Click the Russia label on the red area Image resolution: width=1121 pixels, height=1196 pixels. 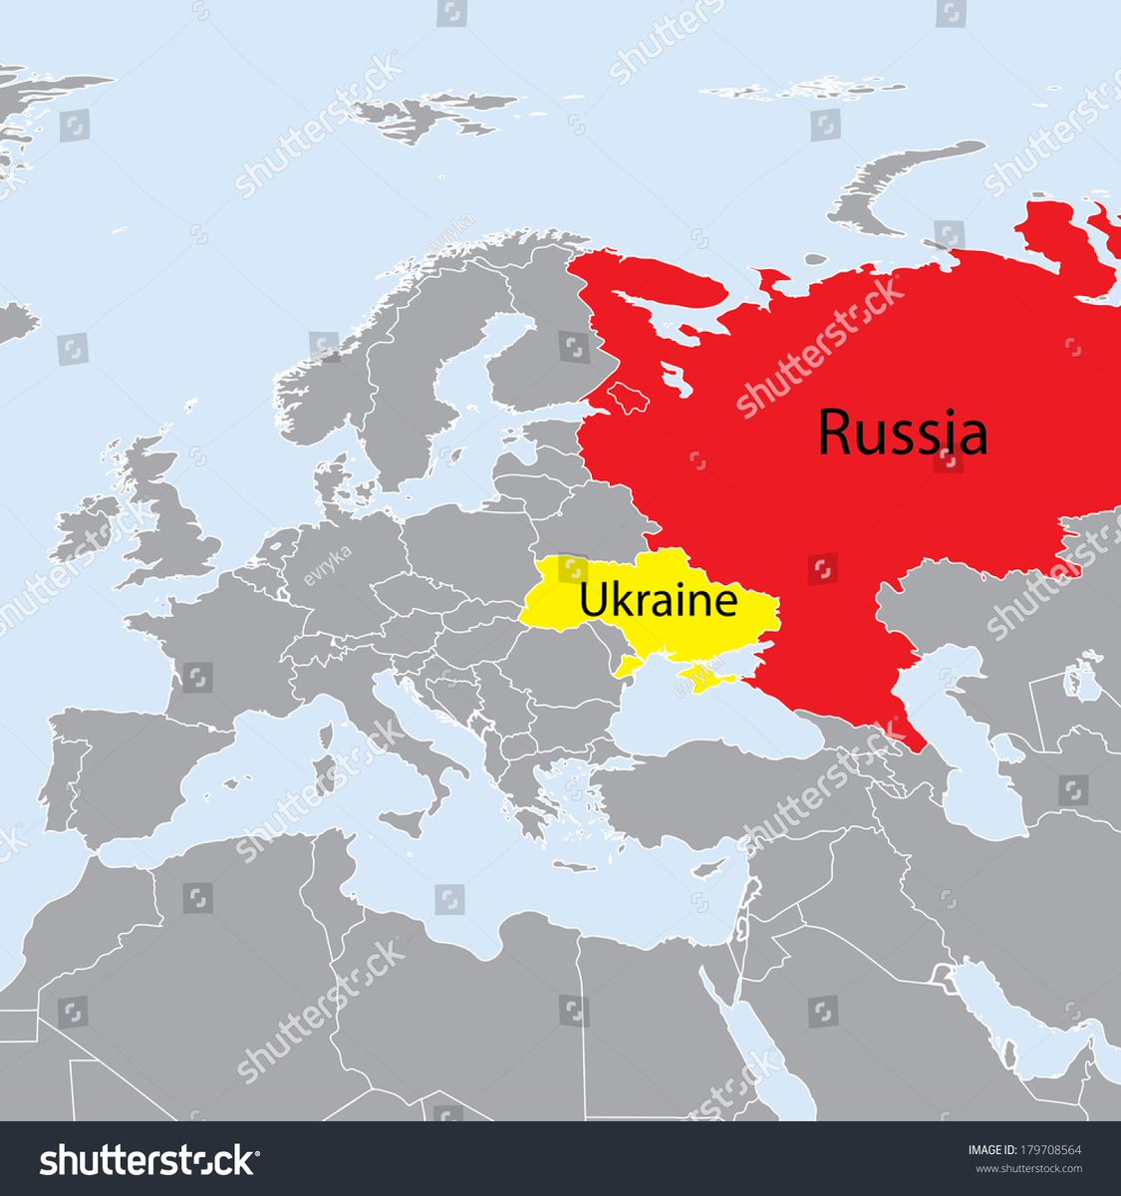coord(903,434)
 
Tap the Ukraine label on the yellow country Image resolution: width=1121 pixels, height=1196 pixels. coord(658,602)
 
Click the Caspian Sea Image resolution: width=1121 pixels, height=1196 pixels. coord(972,767)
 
